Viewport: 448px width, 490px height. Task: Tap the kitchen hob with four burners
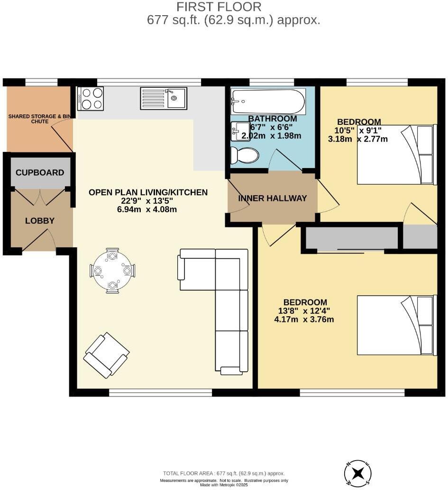point(90,99)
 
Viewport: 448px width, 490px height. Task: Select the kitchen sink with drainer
point(163,98)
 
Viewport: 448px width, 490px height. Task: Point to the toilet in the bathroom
point(245,155)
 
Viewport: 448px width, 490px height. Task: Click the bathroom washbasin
point(240,131)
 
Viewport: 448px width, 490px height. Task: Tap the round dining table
point(112,271)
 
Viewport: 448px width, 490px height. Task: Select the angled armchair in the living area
point(106,356)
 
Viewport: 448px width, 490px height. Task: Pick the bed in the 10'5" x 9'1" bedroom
point(396,154)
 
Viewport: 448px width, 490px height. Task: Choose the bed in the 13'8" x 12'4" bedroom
point(396,325)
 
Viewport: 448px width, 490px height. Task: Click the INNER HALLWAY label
point(273,198)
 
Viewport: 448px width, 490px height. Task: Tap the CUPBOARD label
point(40,172)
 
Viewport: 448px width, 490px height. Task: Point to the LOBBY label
point(40,221)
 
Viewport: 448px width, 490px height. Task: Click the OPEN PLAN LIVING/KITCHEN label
point(148,192)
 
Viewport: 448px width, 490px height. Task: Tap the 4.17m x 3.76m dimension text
point(304,319)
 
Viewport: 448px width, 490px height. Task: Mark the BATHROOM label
point(273,119)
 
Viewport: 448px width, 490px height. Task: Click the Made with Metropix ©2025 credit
point(224,485)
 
